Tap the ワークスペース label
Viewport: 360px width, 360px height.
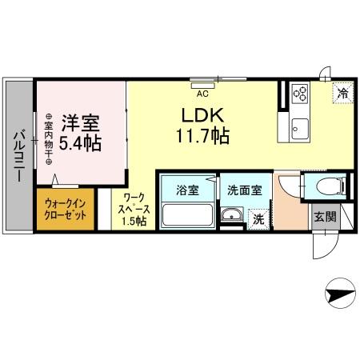[130, 210]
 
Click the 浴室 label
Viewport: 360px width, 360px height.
[187, 191]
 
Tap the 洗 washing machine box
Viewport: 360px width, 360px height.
[258, 218]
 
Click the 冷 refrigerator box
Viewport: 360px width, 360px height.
[340, 93]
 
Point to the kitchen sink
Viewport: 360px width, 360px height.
[301, 126]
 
